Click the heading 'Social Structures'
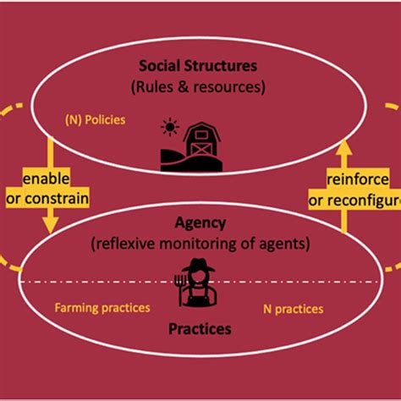(200, 65)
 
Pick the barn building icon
(201, 142)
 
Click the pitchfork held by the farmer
(181, 284)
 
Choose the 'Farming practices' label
(102, 308)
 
